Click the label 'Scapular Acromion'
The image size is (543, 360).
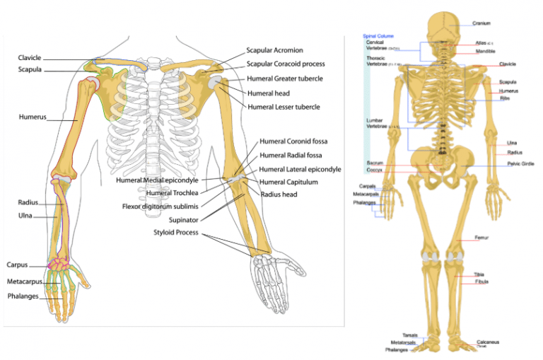(x=274, y=50)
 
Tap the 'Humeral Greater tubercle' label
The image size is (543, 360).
(x=285, y=79)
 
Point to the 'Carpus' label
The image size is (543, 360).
(x=17, y=265)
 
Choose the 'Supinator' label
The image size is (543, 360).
(x=177, y=219)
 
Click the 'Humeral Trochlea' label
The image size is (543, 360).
(x=172, y=193)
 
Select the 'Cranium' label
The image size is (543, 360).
(x=481, y=23)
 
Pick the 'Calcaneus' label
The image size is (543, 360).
(x=488, y=342)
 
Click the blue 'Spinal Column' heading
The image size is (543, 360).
(x=378, y=35)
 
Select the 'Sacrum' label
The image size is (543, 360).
(x=374, y=162)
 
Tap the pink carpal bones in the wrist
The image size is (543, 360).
(x=57, y=267)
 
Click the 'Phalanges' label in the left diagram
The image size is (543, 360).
(x=23, y=296)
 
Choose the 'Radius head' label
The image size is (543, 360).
(x=279, y=194)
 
